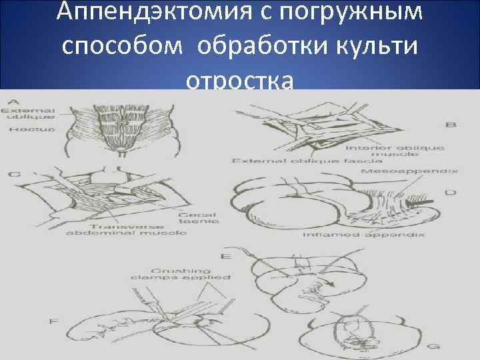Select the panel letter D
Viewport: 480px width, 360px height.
click(x=450, y=193)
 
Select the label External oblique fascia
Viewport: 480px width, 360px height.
click(x=306, y=161)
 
